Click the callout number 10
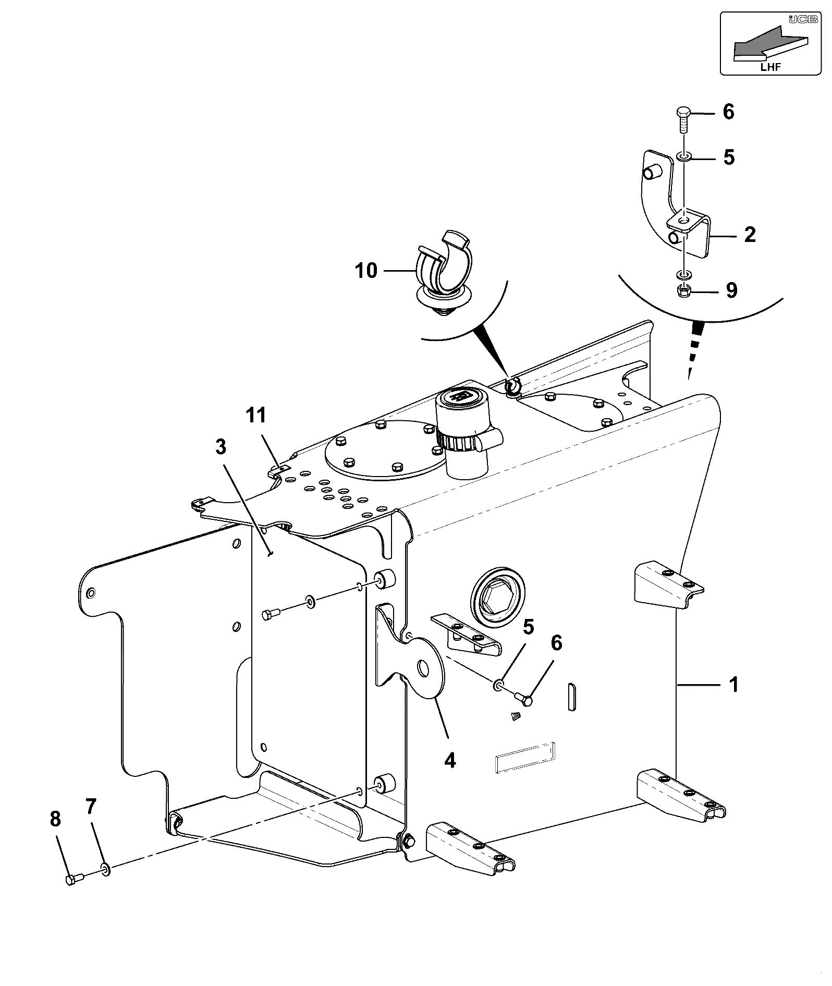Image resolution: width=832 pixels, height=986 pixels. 366,271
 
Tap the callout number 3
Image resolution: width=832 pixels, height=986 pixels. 221,447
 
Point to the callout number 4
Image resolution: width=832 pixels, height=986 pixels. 450,760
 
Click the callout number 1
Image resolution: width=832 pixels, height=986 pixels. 733,684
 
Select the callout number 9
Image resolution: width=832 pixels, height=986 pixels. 731,290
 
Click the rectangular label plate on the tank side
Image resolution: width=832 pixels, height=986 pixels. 524,757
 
